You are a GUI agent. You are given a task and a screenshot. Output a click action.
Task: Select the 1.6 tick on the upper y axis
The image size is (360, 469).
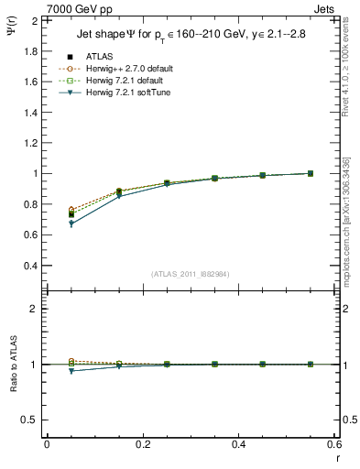tap(31, 82)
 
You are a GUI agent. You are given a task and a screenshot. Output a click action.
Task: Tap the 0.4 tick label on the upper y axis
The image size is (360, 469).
tap(31, 266)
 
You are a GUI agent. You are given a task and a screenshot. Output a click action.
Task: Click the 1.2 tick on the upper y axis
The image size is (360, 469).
tap(31, 143)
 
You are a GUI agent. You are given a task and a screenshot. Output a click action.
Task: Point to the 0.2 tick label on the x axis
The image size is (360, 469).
tap(142, 443)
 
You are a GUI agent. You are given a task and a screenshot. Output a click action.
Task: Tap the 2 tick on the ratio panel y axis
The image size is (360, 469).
tap(35, 309)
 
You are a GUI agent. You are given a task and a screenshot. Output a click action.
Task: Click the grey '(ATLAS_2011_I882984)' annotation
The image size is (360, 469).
tap(191, 274)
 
